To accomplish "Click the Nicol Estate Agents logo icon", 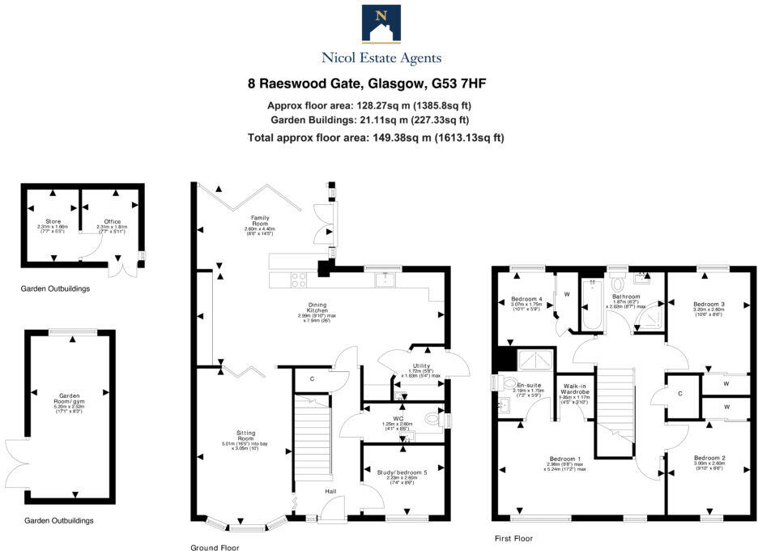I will pos(381,24).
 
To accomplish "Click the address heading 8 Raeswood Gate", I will pos(366,83).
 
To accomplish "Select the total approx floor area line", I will pos(376,138).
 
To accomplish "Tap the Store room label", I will pos(53,221).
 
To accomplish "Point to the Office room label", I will pos(112,221).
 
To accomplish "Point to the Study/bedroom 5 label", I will pos(402,472).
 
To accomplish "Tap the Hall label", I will pos(330,491).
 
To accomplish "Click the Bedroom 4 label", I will pos(526,298).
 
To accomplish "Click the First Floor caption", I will pos(513,537).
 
